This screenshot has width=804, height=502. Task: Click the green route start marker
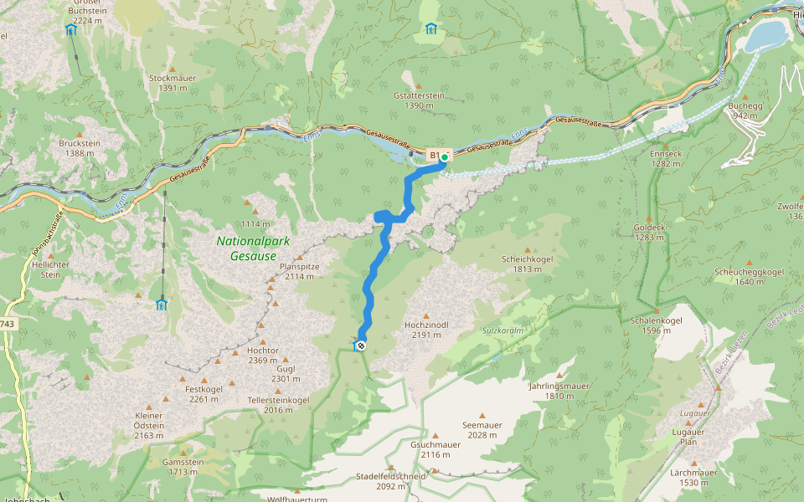[x=445, y=156]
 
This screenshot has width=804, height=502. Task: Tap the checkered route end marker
[x=360, y=345]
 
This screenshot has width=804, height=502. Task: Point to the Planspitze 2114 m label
[x=299, y=270]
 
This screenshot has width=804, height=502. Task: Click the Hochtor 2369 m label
[x=262, y=354]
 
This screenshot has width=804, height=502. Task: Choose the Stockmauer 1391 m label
[x=173, y=82]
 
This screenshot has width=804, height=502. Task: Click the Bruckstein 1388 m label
[x=80, y=147]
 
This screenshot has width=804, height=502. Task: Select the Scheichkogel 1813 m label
[x=528, y=264]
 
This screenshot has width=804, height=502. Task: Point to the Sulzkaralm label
[x=502, y=330]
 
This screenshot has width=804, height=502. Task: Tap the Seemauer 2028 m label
[x=482, y=429]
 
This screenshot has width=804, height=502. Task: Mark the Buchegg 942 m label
[x=745, y=110]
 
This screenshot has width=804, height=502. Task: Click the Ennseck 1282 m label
[x=666, y=158]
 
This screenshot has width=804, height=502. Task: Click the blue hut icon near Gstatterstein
[x=430, y=29]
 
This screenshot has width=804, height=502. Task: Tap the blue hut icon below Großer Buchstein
[x=70, y=30]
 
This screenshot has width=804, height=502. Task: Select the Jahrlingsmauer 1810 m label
[x=559, y=390]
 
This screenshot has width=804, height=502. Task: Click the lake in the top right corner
[x=765, y=36]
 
